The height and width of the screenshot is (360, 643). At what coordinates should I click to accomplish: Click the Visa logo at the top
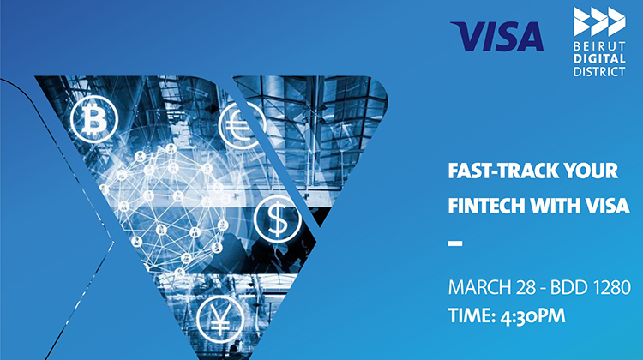coord(496,37)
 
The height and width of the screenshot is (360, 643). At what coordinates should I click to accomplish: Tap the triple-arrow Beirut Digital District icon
coord(599,21)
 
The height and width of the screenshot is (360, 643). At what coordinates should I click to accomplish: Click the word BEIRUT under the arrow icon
coord(599,45)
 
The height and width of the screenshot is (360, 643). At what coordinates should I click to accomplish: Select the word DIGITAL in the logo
coord(599,58)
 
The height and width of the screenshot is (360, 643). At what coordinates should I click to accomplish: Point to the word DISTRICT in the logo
coord(599,71)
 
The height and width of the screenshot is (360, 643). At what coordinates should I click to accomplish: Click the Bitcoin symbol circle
coord(94,119)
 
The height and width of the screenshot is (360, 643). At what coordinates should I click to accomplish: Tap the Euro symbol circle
coord(243,125)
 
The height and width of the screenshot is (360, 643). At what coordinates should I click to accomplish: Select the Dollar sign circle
coord(278,219)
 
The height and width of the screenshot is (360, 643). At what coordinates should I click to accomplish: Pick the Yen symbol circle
coord(220,319)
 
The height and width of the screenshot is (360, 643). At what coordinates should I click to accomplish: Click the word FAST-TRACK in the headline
coord(502,171)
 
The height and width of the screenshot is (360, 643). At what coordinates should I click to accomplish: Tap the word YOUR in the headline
coord(591,171)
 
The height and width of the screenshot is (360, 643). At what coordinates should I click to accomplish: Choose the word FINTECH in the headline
coord(486,206)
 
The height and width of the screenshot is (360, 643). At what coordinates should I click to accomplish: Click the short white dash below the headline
coord(455,243)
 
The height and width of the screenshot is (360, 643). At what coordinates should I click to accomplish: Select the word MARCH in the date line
coord(479,287)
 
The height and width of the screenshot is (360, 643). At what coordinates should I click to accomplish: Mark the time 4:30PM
coord(533,316)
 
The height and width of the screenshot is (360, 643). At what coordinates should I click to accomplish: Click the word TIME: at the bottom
coord(472,316)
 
